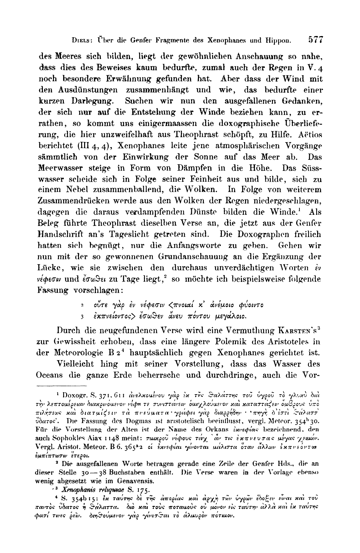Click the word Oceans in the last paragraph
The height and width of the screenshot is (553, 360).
point(49,375)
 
